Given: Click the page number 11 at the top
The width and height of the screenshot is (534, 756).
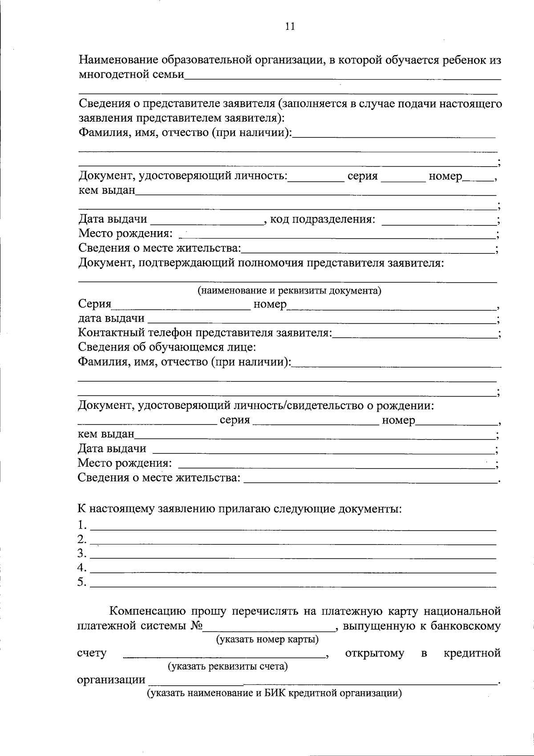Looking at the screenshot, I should [x=290, y=26].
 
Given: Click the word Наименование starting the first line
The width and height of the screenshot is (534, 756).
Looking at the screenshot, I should [x=119, y=60].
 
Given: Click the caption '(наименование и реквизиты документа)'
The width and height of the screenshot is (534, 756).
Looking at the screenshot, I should [x=290, y=291].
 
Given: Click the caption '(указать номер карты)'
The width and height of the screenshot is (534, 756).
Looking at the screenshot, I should [x=267, y=640].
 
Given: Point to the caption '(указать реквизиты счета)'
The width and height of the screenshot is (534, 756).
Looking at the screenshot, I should [x=227, y=667].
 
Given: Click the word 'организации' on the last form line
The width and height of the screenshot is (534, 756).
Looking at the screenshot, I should [x=111, y=680].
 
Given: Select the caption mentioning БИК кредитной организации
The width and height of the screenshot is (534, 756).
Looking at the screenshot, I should [x=275, y=693].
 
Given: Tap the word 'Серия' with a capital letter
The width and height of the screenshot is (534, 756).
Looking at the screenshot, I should [x=94, y=304].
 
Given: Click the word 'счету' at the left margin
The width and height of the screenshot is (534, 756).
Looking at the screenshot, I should [x=92, y=653].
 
